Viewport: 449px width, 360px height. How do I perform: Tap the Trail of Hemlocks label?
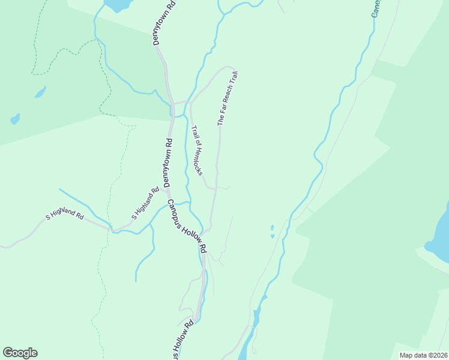click(197, 150)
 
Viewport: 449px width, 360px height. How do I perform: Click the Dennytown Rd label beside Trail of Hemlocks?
click(168, 163)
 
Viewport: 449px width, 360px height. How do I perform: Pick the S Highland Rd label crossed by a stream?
click(65, 214)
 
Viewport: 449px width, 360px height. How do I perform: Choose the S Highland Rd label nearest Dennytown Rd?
click(145, 204)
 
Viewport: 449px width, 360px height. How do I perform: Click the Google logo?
click(20, 353)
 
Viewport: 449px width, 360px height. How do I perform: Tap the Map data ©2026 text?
click(423, 355)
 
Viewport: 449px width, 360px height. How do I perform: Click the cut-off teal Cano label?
click(376, 8)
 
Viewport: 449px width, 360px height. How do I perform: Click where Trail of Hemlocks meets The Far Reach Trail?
click(215, 187)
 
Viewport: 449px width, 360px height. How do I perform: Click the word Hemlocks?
click(199, 160)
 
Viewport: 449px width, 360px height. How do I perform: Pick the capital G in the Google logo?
click(8, 353)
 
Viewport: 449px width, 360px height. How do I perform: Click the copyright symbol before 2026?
click(429, 355)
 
